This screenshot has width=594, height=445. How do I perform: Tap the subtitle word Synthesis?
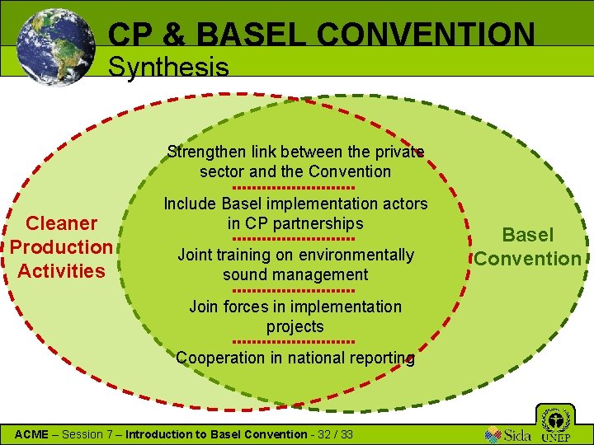tap(168, 67)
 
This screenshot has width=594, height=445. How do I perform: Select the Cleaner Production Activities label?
tap(61, 246)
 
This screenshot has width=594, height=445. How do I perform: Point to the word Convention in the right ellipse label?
tap(527, 259)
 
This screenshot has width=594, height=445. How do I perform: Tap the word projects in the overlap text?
tap(295, 326)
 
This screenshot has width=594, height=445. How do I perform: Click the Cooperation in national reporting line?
tap(295, 358)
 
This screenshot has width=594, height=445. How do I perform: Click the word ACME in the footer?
tap(33, 434)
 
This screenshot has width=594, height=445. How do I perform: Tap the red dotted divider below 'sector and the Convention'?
tap(295, 188)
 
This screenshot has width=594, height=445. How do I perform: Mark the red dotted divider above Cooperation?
tap(295, 341)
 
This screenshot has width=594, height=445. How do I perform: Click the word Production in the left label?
tap(61, 246)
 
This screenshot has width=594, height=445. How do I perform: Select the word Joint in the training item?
tap(196, 255)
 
